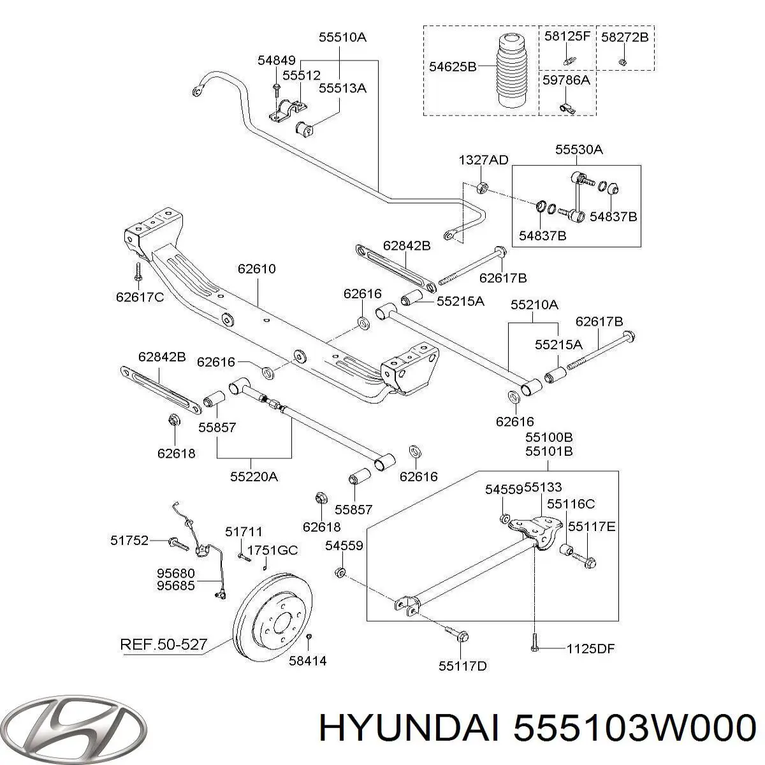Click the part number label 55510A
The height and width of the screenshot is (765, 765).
point(342,38)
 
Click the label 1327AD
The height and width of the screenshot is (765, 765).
point(483,160)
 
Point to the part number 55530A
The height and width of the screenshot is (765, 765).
point(578,150)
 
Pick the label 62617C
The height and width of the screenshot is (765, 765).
point(140,296)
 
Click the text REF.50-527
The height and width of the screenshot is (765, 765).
point(163,645)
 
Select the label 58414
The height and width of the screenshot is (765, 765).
point(307,661)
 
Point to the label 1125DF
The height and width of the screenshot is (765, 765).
point(590,649)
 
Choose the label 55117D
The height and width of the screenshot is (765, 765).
point(462,666)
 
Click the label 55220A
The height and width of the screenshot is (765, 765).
point(254,476)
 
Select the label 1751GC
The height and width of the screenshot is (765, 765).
point(272,550)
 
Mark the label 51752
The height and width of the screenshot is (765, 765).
point(129,541)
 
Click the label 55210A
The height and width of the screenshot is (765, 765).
point(534,305)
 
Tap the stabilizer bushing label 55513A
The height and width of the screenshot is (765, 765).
point(343,89)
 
